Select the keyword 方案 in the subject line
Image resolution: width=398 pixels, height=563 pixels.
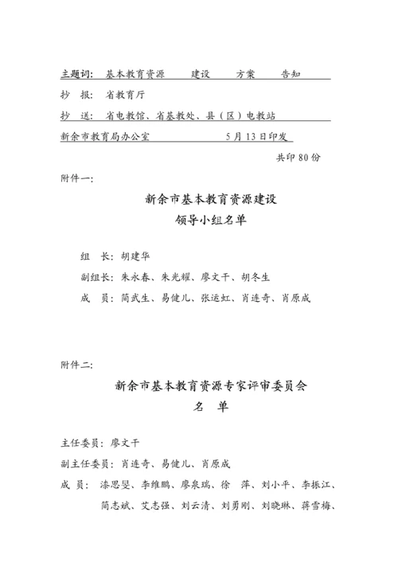pos(245,73)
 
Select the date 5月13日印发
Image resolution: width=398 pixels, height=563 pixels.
pos(260,135)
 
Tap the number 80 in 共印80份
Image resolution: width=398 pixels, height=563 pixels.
pos(305,157)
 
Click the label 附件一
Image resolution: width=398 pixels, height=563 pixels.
pos(76,178)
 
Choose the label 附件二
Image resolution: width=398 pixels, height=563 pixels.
pos(76,365)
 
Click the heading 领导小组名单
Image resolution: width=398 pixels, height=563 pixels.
pos(211,222)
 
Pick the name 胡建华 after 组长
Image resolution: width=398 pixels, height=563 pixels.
pos(135,256)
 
